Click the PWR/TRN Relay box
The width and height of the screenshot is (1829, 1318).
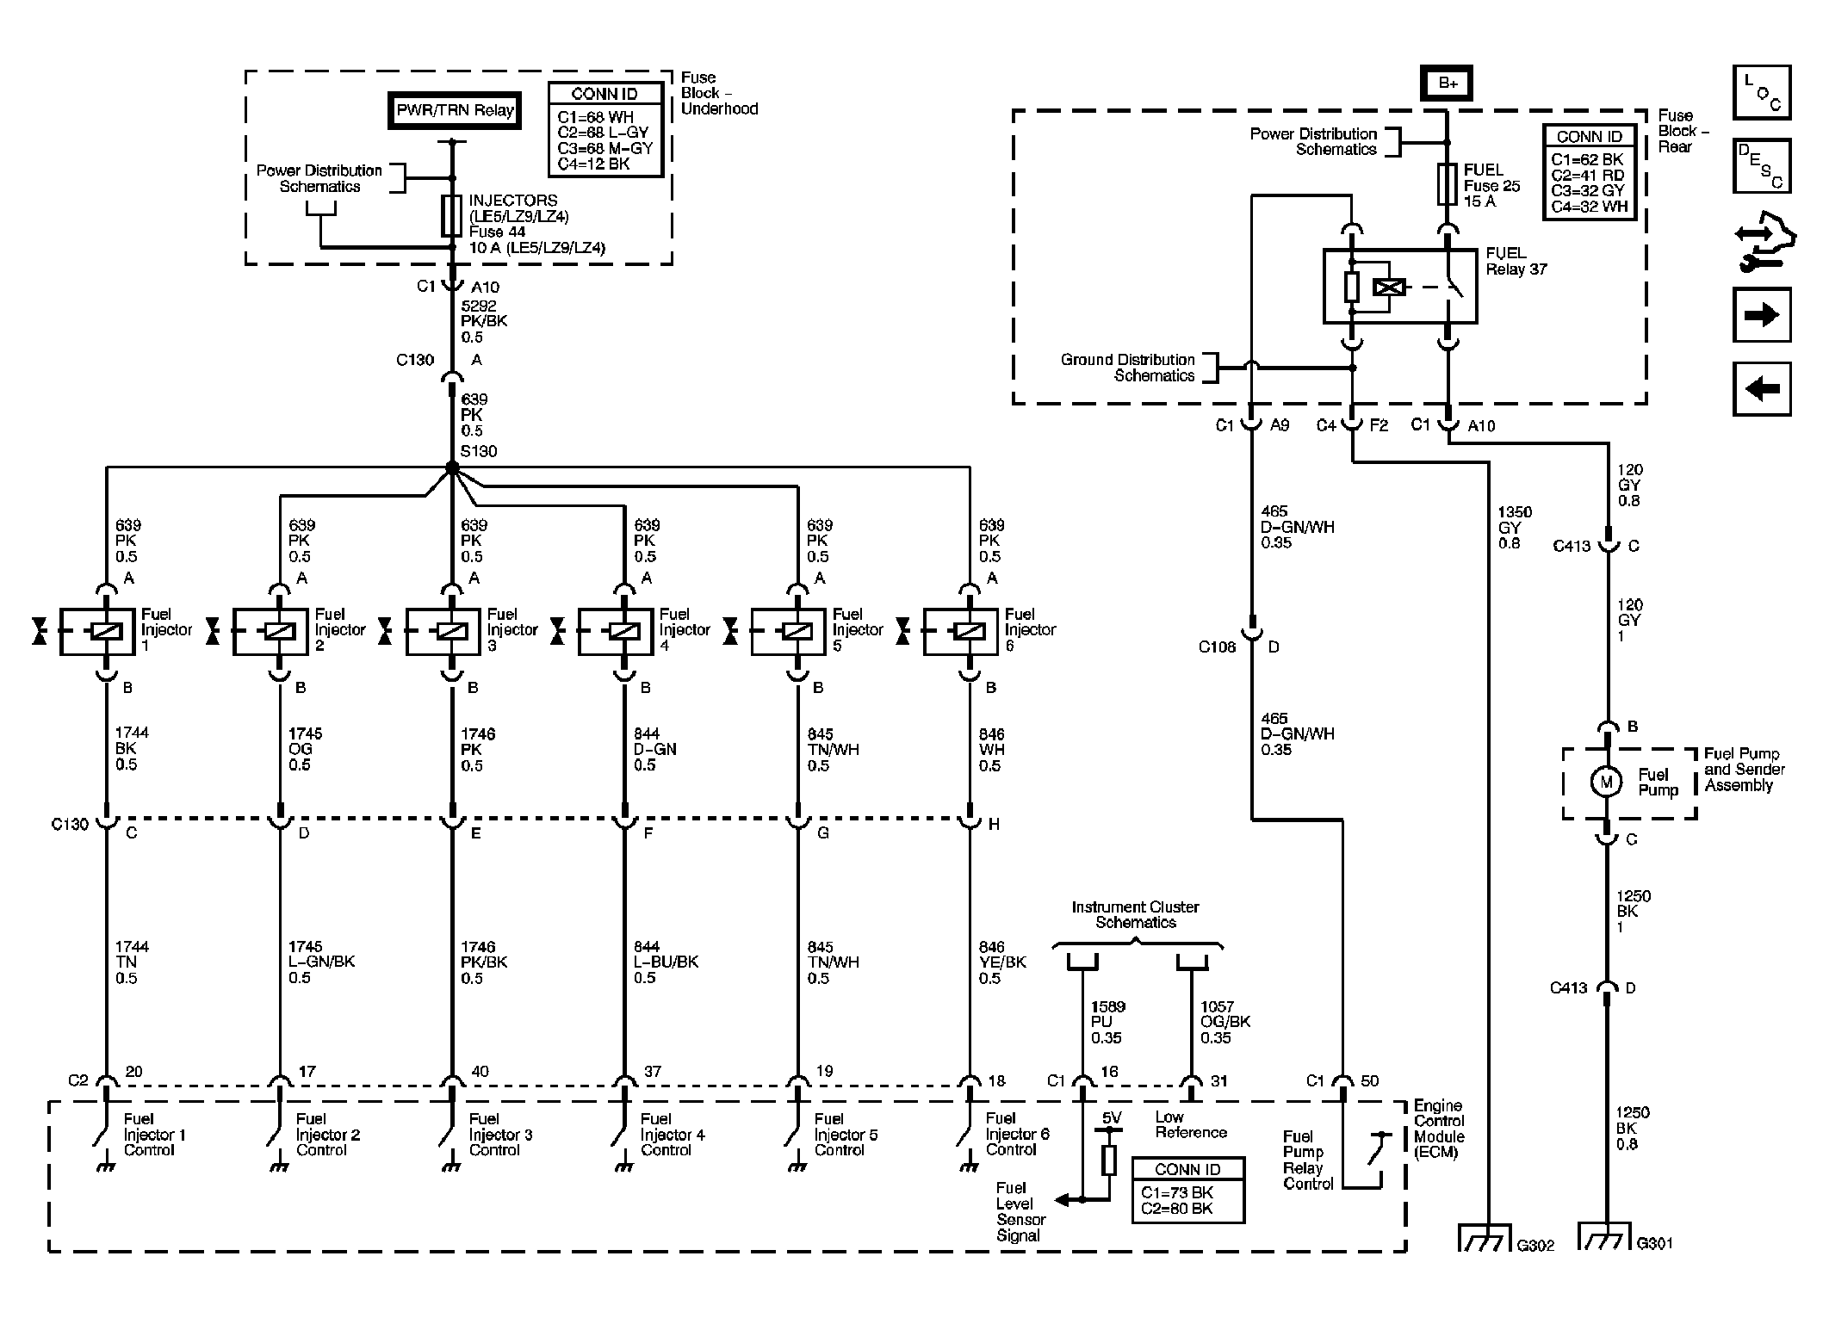[x=455, y=111]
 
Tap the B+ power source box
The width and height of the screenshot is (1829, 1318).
[x=1448, y=84]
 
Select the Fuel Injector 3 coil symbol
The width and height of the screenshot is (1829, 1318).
[x=452, y=631]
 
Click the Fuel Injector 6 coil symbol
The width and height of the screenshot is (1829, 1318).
[x=970, y=631]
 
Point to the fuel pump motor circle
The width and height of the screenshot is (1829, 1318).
[x=1605, y=783]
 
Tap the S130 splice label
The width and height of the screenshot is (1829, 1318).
[x=479, y=451]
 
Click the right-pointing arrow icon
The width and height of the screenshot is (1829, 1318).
[x=1762, y=314]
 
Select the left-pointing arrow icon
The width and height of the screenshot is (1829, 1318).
[x=1762, y=389]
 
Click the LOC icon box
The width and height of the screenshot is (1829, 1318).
[x=1762, y=92]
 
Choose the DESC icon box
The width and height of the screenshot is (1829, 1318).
[x=1762, y=166]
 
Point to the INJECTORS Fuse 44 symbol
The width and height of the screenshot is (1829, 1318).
[x=451, y=215]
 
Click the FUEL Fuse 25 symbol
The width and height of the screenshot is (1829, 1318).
[x=1448, y=184]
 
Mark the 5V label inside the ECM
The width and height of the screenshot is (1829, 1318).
[x=1112, y=1118]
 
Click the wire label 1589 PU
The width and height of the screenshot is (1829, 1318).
[x=1108, y=1014]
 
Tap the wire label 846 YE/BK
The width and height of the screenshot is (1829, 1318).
[x=1002, y=955]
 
